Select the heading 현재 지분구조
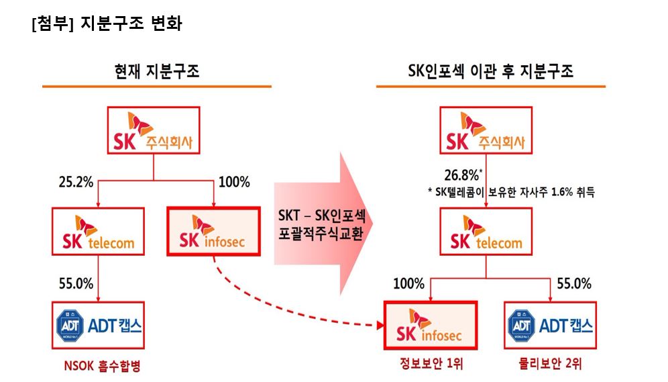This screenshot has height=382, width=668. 157,71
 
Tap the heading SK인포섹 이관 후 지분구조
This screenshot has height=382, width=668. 490,71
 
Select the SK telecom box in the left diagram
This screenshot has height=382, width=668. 99,231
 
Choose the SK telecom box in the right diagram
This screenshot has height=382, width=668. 487,231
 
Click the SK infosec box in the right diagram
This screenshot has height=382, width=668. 429,325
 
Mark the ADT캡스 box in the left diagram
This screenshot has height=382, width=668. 99,325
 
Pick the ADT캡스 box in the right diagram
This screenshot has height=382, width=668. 550,325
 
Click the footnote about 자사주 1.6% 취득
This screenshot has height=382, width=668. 511,192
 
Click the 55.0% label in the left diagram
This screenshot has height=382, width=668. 76,283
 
